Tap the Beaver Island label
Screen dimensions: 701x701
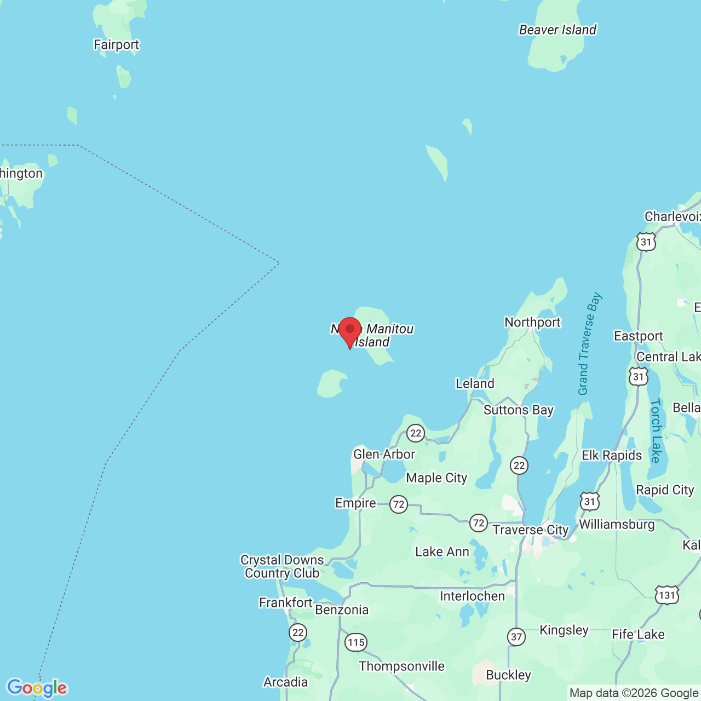click(x=558, y=30)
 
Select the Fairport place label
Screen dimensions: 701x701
click(x=116, y=45)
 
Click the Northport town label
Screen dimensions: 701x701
click(x=532, y=323)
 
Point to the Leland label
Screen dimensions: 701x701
click(x=475, y=384)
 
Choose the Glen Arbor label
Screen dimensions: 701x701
click(x=384, y=455)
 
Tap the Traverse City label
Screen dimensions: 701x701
click(x=530, y=530)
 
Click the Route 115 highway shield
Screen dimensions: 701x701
click(x=356, y=642)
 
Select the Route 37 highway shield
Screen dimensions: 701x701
click(x=516, y=637)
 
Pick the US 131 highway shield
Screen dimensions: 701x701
click(x=666, y=595)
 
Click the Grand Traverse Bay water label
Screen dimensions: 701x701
click(x=589, y=344)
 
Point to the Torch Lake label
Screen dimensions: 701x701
click(x=656, y=430)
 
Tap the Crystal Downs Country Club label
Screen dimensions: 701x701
click(x=282, y=567)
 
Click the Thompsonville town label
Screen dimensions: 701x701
click(x=401, y=666)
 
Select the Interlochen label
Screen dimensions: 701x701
click(x=472, y=596)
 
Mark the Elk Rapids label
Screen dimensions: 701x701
click(x=612, y=456)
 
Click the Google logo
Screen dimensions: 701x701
click(x=37, y=688)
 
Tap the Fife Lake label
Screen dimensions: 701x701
click(x=638, y=635)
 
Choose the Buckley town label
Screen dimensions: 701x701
click(x=508, y=675)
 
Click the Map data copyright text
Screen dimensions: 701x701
click(x=634, y=693)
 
